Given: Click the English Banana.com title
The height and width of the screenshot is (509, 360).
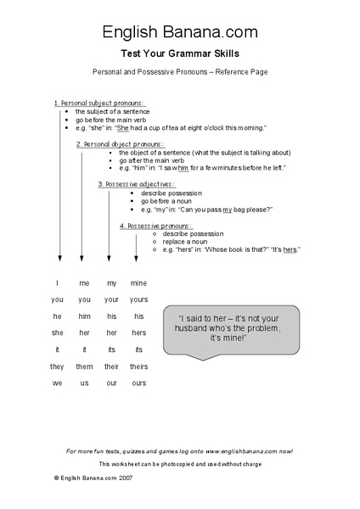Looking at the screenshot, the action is tap(179, 32).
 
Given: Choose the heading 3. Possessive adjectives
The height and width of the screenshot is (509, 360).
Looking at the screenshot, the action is tap(136, 184).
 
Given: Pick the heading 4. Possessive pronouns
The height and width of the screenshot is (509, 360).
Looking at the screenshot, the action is tap(155, 226).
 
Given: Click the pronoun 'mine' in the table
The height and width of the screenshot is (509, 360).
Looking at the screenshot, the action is tap(138, 282).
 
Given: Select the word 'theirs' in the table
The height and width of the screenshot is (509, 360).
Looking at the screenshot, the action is tap(138, 366).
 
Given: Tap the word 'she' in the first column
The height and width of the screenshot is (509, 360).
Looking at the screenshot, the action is tap(58, 333).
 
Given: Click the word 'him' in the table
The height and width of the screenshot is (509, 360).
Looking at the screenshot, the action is tap(84, 316).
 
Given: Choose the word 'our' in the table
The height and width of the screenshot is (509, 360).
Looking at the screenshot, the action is tap(111, 383).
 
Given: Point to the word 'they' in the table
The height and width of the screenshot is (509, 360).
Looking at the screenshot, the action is tap(58, 366).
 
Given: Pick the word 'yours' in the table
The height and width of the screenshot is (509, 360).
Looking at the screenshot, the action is tap(138, 299).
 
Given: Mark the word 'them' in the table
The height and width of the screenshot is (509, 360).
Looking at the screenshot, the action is tap(84, 366).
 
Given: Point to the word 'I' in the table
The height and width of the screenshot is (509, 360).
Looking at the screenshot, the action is tap(58, 282).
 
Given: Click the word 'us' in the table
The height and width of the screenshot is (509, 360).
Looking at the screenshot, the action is tap(84, 383).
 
